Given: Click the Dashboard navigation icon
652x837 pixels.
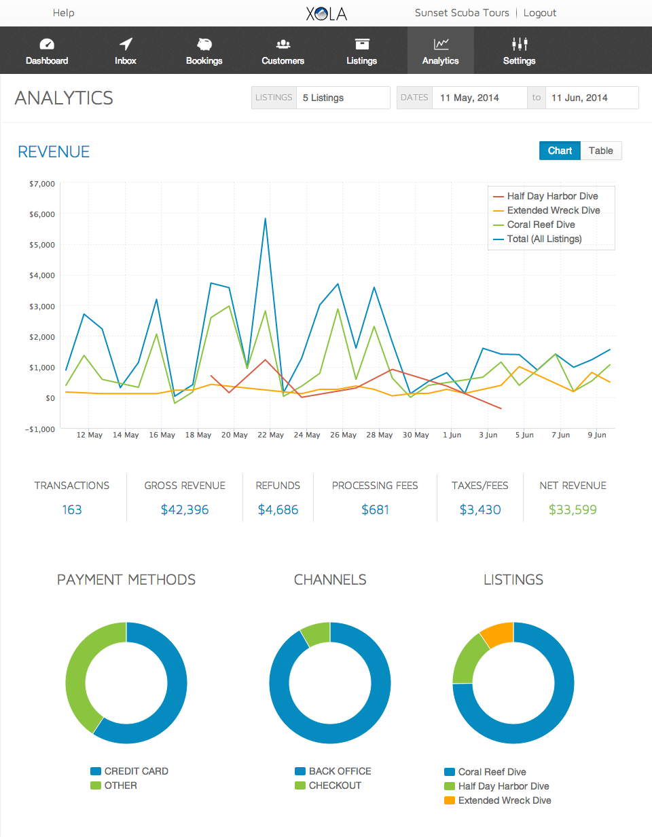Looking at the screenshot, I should point(47,44).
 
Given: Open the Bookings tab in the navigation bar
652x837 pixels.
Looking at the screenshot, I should point(204,51).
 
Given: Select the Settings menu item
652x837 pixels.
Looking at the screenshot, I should point(520,51).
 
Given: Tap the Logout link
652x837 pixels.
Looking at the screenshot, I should point(540,13).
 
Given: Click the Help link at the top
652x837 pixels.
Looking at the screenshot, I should point(64,13).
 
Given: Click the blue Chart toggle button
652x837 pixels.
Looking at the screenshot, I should point(560,151).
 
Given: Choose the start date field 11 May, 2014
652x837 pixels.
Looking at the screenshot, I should point(479,98).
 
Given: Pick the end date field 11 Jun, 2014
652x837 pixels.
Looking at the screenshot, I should point(592,98).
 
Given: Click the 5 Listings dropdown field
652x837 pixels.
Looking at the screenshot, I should point(343,98).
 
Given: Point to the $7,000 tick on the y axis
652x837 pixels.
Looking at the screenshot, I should point(42,184).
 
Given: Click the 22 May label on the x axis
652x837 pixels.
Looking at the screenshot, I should point(270,435).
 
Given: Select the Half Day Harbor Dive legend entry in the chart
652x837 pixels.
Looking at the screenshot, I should point(552,196).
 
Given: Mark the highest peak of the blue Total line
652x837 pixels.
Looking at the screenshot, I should point(266,218).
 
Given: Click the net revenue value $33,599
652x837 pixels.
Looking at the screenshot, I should point(573,509).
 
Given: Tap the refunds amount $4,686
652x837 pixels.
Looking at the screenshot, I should point(278,509).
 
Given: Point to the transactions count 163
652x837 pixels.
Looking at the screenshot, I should point(72,509).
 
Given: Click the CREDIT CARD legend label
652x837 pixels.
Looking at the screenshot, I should point(136,771).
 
